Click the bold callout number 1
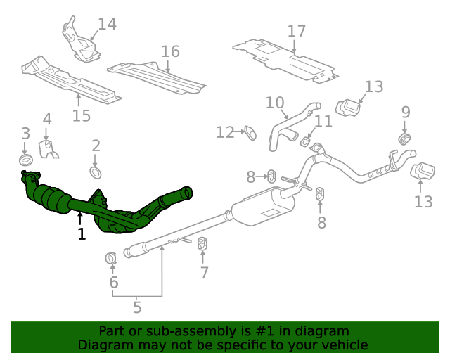point(82,234)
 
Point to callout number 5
point(137,306)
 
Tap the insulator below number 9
point(404,139)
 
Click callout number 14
point(106,25)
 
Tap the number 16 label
point(170,51)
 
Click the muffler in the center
point(262,207)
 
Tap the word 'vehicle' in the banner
point(343,345)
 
